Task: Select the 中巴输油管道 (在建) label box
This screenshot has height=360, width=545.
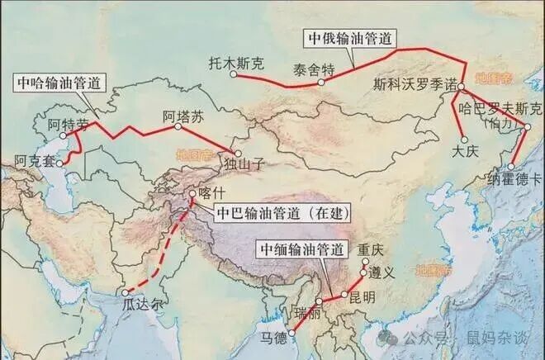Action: [282, 213]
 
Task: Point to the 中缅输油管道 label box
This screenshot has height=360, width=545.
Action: [301, 249]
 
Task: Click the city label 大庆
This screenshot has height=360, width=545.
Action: [466, 152]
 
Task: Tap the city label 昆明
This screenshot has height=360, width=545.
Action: [362, 297]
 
